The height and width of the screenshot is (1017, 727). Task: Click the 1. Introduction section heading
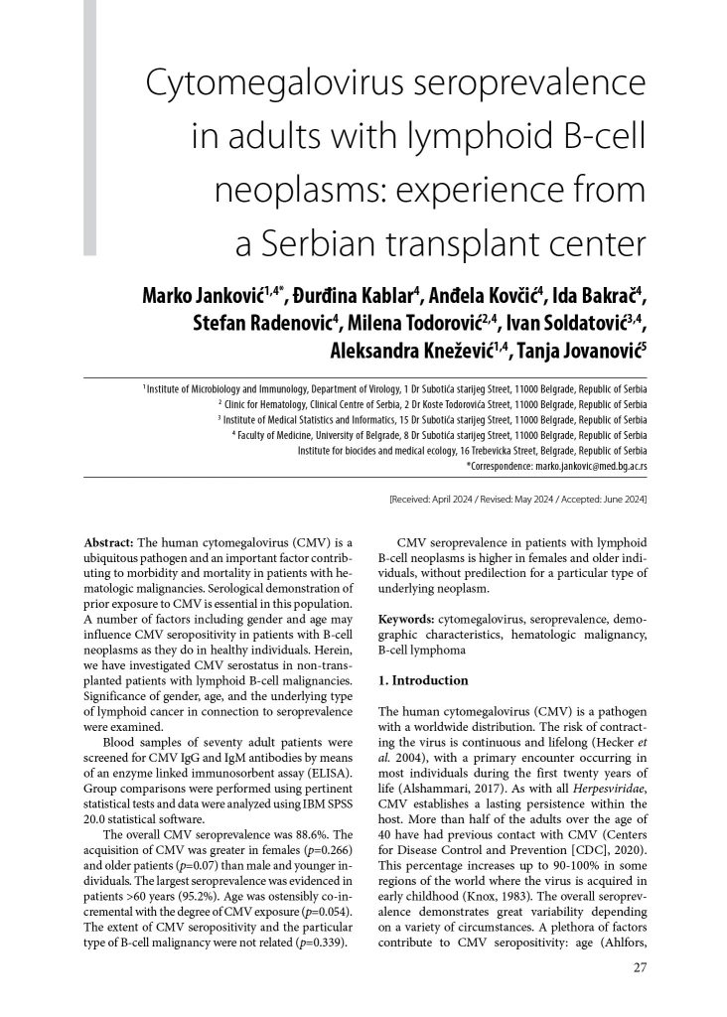pos(426,680)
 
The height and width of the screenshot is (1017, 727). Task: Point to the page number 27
pos(640,968)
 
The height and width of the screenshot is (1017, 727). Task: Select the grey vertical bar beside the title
pos(90,124)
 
